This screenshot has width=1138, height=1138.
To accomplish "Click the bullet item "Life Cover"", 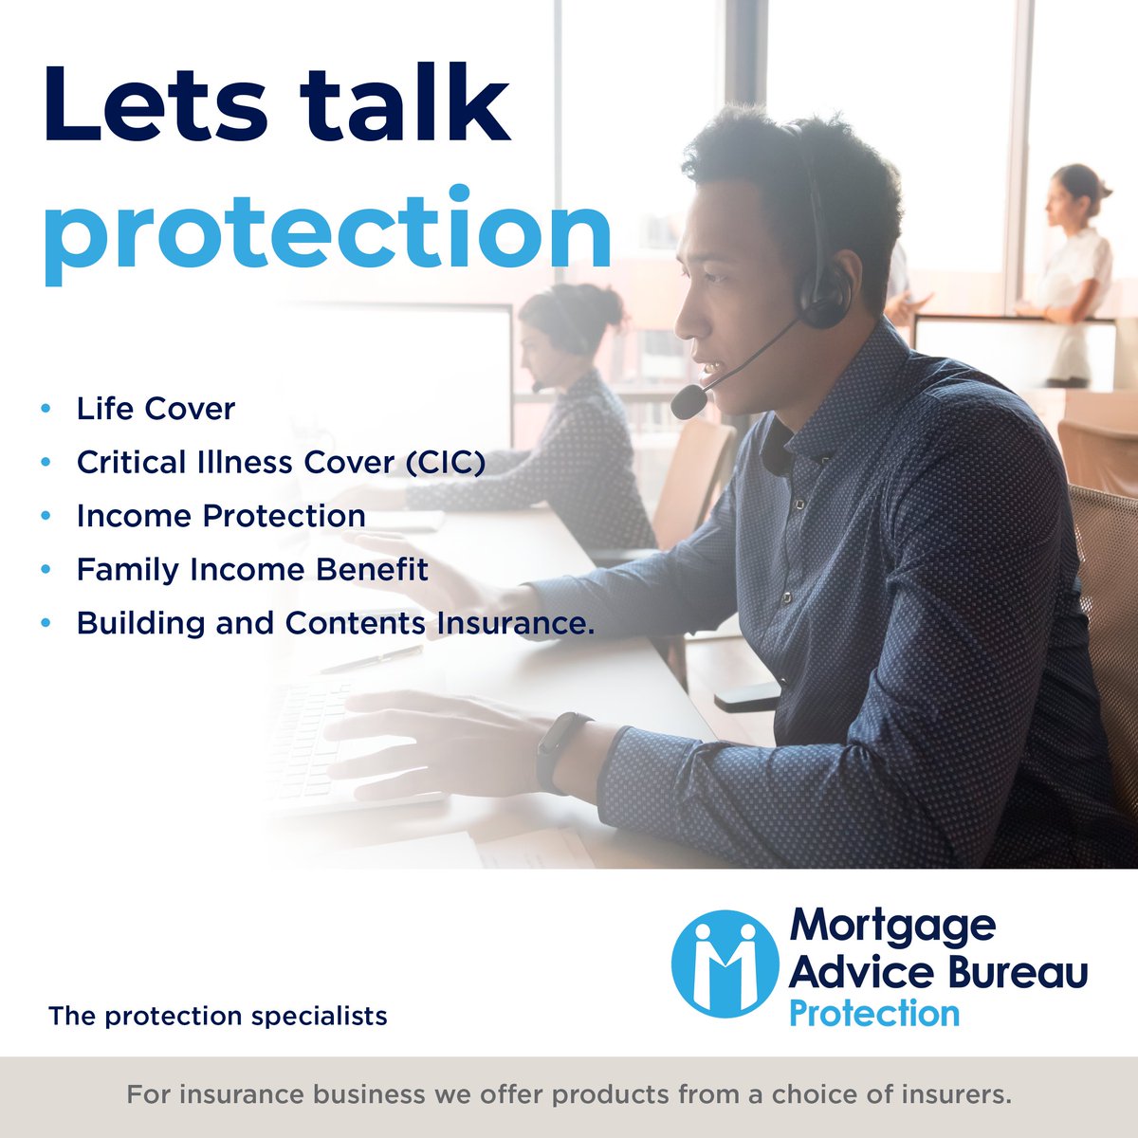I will (156, 409).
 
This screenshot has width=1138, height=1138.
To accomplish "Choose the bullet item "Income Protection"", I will (221, 516).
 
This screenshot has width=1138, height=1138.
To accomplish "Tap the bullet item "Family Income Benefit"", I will (252, 569).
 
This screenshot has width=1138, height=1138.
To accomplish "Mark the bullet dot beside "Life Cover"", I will (46, 409).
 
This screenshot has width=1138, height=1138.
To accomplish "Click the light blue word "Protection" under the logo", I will (873, 1013).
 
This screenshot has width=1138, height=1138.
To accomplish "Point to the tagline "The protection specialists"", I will (218, 1017).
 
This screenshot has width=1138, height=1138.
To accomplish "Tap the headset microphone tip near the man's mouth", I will (688, 401).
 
